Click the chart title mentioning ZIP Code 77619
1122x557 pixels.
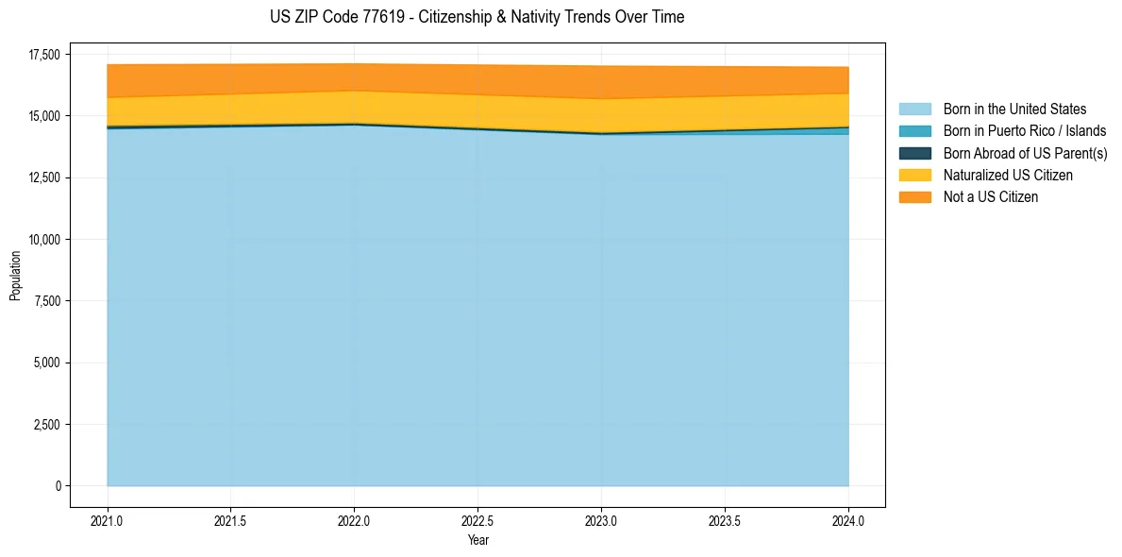[x=477, y=17]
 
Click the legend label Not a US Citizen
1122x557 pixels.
[x=990, y=196]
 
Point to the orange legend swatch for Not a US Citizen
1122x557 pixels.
[x=914, y=196]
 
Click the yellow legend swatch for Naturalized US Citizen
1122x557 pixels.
[x=914, y=175]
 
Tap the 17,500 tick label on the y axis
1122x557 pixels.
[x=44, y=55]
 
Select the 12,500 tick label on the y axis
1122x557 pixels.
[x=44, y=177]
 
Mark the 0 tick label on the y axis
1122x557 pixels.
[x=58, y=486]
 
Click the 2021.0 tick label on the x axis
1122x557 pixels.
[x=108, y=520]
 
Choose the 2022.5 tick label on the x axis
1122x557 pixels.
[x=477, y=520]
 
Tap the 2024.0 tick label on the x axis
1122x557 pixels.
[x=848, y=520]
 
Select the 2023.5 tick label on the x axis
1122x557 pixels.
[x=725, y=520]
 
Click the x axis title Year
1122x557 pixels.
[x=477, y=540]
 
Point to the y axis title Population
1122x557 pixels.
[x=15, y=275]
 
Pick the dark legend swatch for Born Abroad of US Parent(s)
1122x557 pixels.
[x=914, y=153]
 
